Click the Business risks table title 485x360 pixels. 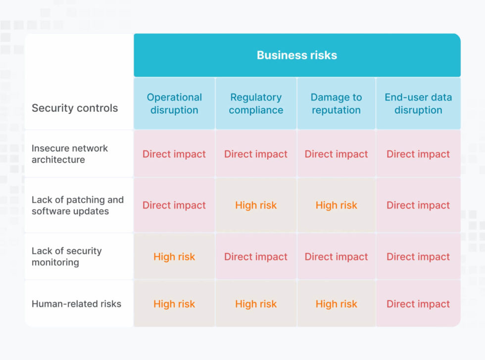[x=296, y=55]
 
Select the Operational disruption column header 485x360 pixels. [x=174, y=103]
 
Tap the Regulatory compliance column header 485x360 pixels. [x=256, y=103]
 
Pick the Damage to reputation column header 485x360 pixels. [x=337, y=103]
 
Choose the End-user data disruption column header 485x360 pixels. [x=418, y=103]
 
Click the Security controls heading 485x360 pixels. [x=75, y=108]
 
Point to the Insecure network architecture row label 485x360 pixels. [x=70, y=154]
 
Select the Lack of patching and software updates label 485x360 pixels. [x=78, y=205]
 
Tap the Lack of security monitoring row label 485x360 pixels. [x=67, y=256]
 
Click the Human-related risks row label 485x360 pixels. [x=76, y=304]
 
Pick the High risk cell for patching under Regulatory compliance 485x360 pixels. [x=256, y=205]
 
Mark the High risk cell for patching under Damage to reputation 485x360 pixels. [x=337, y=205]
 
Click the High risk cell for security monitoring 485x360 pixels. [x=174, y=257]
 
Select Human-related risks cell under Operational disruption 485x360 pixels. [x=174, y=304]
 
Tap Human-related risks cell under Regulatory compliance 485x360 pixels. [x=256, y=304]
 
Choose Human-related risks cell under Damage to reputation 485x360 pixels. [x=337, y=304]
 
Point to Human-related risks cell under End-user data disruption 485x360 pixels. [x=418, y=304]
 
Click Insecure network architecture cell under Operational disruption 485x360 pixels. [x=174, y=154]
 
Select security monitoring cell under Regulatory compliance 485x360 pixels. [x=256, y=257]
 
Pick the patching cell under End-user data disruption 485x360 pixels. [x=418, y=205]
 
